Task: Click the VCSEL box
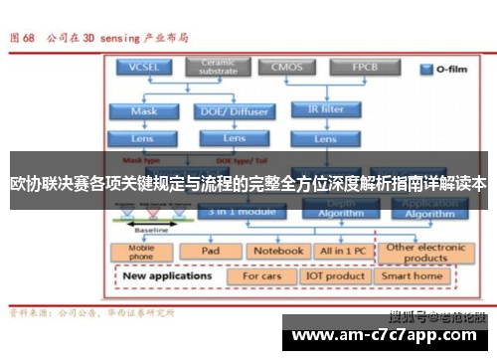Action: pos(143,68)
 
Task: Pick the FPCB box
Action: pos(364,68)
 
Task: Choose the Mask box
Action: pos(144,111)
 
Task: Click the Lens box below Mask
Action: pos(144,137)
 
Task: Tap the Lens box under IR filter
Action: pos(326,137)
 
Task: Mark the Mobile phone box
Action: pos(142,252)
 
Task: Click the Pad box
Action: pos(210,252)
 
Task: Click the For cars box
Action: pos(262,275)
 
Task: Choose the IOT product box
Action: pos(335,275)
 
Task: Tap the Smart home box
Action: pos(413,275)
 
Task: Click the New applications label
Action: pos(168,274)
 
